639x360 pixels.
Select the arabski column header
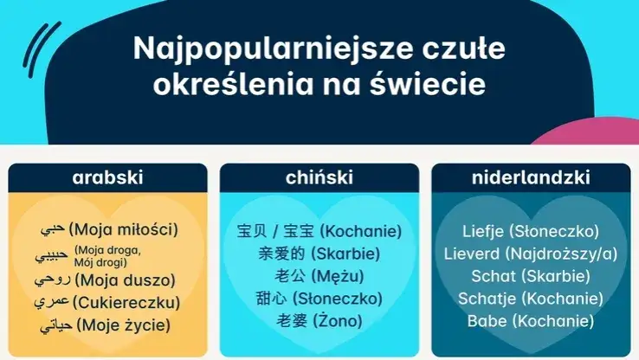pyautogui.click(x=107, y=178)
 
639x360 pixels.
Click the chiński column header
pyautogui.click(x=319, y=178)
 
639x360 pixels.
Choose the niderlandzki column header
pyautogui.click(x=531, y=178)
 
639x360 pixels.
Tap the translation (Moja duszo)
pyautogui.click(x=125, y=280)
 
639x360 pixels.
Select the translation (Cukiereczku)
pyautogui.click(x=127, y=303)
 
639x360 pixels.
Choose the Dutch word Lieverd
pyautogui.click(x=472, y=254)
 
